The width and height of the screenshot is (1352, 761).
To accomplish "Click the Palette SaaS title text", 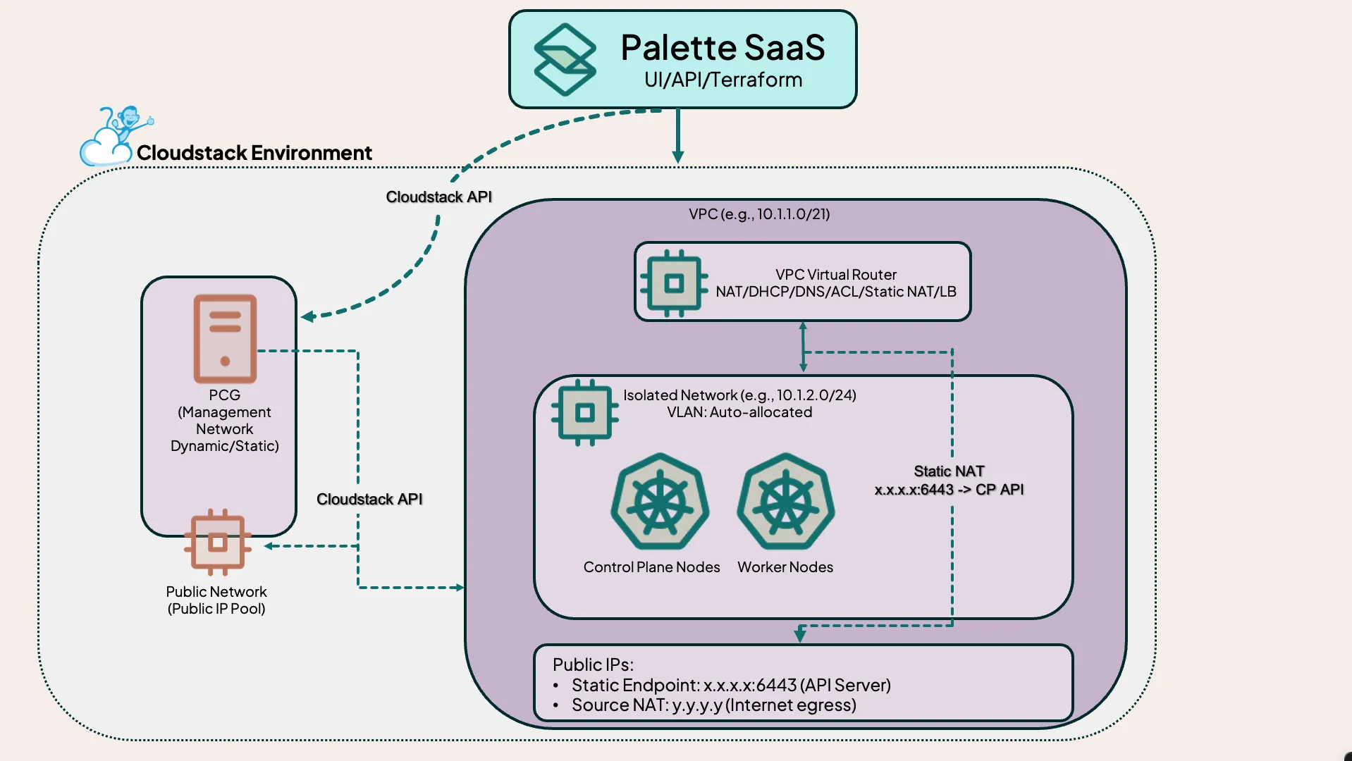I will pyautogui.click(x=723, y=48).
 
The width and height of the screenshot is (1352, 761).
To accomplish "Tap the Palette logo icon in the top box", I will pyautogui.click(x=565, y=60).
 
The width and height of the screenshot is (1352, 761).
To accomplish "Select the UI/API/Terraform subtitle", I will pyautogui.click(x=723, y=80).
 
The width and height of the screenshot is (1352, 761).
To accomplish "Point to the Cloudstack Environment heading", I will pyautogui.click(x=254, y=153).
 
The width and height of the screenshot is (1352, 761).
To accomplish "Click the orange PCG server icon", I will pyautogui.click(x=225, y=339).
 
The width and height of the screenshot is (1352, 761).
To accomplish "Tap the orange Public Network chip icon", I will pyautogui.click(x=218, y=543).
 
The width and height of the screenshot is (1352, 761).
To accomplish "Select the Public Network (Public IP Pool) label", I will pyautogui.click(x=216, y=600).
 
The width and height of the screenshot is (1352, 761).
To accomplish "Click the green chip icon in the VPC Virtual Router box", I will pyautogui.click(x=673, y=283).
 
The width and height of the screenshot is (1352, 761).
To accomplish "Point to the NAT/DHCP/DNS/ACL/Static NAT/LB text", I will pyautogui.click(x=835, y=292).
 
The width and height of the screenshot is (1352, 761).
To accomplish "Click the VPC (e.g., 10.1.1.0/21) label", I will pyautogui.click(x=759, y=214).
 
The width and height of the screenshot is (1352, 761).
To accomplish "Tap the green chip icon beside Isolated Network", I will pyautogui.click(x=584, y=413).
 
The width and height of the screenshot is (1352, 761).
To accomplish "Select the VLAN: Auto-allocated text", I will pyautogui.click(x=739, y=412).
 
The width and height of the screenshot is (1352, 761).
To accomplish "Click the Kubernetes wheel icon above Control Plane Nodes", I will pyautogui.click(x=660, y=502).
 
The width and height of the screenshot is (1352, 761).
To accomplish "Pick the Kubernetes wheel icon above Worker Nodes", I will pyautogui.click(x=785, y=502).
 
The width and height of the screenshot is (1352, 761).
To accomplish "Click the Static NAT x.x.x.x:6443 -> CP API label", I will pyautogui.click(x=949, y=481).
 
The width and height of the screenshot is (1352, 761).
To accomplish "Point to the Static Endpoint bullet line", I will pyautogui.click(x=731, y=685).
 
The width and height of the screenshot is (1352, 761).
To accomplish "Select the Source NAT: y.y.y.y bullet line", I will pyautogui.click(x=713, y=705).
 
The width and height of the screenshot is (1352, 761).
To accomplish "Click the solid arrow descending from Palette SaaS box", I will pyautogui.click(x=677, y=135).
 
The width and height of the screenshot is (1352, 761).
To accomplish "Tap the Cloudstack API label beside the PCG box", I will pyautogui.click(x=369, y=500).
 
